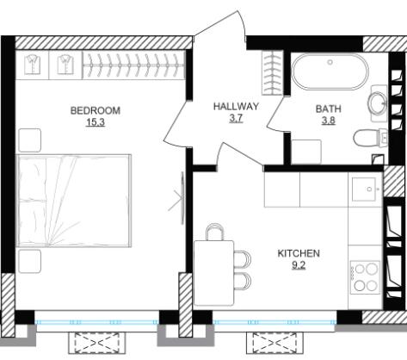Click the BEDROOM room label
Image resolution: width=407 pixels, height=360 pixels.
[96, 110]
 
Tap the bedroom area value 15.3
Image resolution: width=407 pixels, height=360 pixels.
[96, 122]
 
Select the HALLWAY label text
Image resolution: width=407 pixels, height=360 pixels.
[236, 107]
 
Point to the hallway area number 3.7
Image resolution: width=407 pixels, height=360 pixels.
[236, 118]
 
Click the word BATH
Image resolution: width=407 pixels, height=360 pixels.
[329, 109]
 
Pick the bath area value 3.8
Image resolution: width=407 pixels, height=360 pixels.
[329, 121]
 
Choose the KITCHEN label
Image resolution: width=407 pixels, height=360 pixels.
[299, 253]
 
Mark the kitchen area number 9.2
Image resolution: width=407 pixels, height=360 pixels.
[299, 265]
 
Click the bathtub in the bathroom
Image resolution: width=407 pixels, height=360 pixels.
[330, 71]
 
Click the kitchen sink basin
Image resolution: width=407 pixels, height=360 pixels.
[364, 189]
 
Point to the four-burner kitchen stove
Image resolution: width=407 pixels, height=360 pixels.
[365, 277]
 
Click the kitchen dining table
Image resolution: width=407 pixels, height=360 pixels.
[214, 273]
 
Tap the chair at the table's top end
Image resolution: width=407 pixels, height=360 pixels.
[214, 232]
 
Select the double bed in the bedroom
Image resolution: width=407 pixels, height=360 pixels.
[74, 201]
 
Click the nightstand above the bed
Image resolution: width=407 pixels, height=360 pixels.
[30, 140]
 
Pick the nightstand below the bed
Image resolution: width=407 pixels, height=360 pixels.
[30, 261]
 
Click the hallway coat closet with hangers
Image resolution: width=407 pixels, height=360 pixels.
[273, 72]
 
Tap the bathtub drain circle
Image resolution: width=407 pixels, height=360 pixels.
[330, 62]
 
